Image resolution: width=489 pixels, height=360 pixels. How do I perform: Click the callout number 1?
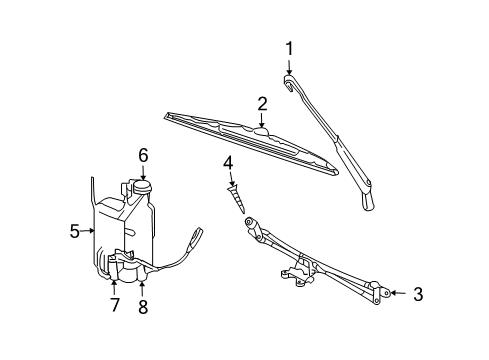(x=290, y=47)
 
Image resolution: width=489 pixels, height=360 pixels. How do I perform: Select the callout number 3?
(x=418, y=294)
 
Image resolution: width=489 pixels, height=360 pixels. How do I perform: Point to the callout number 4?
(x=228, y=162)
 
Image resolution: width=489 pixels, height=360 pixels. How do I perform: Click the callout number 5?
(x=75, y=232)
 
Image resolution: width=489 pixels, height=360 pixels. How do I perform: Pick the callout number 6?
(x=143, y=155)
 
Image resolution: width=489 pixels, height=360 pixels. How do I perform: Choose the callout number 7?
(x=113, y=304)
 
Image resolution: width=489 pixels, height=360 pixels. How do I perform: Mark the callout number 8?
(x=142, y=306)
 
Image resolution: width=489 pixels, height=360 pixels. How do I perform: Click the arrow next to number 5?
(x=92, y=232)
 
